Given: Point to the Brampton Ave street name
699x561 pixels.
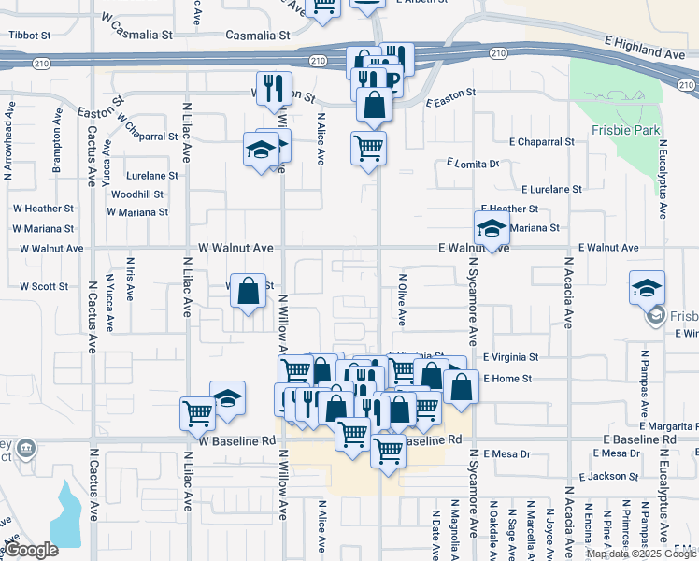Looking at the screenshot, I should (x=58, y=151).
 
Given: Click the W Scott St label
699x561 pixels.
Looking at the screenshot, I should (x=43, y=286).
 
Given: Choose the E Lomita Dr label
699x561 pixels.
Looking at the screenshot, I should (x=473, y=164).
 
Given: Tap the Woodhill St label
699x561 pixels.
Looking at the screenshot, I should (x=137, y=194).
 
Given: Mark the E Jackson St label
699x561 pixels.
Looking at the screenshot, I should (x=607, y=477).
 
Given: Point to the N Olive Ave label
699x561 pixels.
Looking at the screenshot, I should (x=403, y=298).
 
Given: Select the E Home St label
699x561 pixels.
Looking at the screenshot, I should (x=507, y=379).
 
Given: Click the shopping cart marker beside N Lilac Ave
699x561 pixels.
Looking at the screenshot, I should (x=198, y=410).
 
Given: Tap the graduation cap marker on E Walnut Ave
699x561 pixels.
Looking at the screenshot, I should (x=492, y=227).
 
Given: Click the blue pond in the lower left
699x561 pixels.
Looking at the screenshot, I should (x=65, y=514).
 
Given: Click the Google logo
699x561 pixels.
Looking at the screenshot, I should (x=31, y=551).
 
